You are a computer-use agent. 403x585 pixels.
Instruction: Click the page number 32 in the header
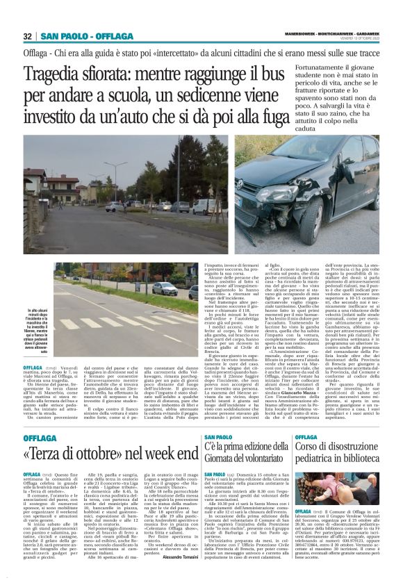click(27, 35)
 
